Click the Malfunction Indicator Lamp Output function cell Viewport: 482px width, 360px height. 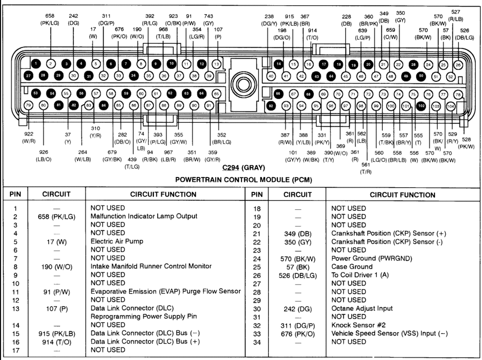tap(144, 216)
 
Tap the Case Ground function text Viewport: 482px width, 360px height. tap(351, 267)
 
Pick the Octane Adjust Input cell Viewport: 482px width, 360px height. tap(361, 309)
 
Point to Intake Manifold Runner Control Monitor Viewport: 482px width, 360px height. tap(151, 266)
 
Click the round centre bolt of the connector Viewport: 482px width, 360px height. tap(243, 84)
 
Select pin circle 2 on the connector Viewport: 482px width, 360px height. tap(50, 64)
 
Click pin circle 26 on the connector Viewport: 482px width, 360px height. tap(458, 64)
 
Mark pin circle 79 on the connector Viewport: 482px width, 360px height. tap(28, 105)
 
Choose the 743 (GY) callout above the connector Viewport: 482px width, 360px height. tap(209, 19)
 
